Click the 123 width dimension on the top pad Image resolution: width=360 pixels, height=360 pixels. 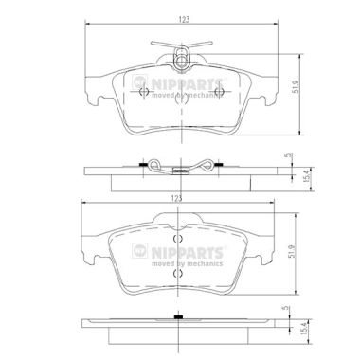coord(184,19)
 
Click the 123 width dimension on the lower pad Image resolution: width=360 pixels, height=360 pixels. coord(176,198)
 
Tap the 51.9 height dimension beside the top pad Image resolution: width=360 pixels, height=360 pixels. coord(296,86)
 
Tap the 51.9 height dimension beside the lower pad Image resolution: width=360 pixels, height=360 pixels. coord(292,251)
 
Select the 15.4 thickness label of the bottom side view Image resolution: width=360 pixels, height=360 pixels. coord(304,329)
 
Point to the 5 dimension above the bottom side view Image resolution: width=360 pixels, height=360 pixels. coord(286,308)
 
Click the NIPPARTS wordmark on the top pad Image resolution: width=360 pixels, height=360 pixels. coord(187,84)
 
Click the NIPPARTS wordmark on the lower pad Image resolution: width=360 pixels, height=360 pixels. coord(187,252)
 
